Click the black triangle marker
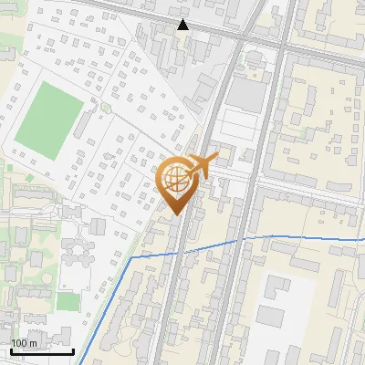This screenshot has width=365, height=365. [x=183, y=25]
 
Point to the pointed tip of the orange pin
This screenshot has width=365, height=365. [x=177, y=215]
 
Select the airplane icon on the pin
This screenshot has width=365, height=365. [x=205, y=165]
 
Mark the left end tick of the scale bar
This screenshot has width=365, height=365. [x=11, y=350]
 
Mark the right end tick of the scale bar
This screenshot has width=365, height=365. [x=74, y=350]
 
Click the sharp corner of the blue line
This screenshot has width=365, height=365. [x=131, y=258]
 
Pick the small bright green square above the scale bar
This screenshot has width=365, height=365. [x=65, y=300]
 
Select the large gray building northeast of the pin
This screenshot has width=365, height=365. [x=243, y=92]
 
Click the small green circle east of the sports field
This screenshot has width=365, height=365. [x=106, y=108]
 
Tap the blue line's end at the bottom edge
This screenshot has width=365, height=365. [x=78, y=363]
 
